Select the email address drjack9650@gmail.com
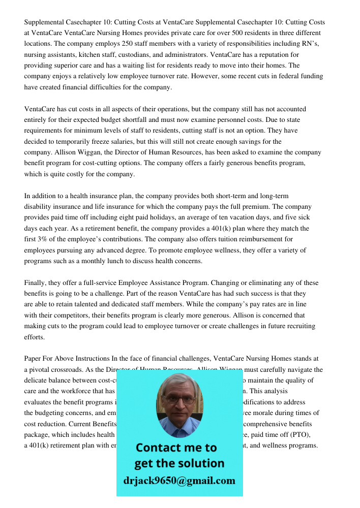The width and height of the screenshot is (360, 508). pos(179,481)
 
